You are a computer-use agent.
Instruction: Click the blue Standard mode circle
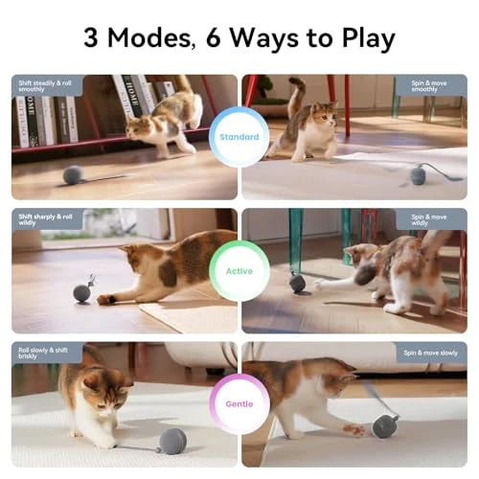[239, 137]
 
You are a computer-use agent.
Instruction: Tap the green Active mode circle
[239, 271]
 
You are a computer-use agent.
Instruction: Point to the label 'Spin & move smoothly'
[430, 86]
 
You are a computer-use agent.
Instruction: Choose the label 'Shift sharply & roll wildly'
[45, 220]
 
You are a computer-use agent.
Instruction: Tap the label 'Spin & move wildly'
[430, 220]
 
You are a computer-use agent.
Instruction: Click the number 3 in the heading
[93, 39]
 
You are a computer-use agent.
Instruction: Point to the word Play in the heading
[365, 40]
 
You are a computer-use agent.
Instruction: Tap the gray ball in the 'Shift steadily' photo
[73, 175]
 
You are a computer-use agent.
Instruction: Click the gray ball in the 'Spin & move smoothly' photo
[418, 174]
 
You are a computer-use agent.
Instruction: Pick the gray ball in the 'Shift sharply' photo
[82, 293]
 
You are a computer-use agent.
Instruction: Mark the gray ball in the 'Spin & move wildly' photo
[297, 284]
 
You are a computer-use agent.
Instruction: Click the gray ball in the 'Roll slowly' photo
[172, 441]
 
